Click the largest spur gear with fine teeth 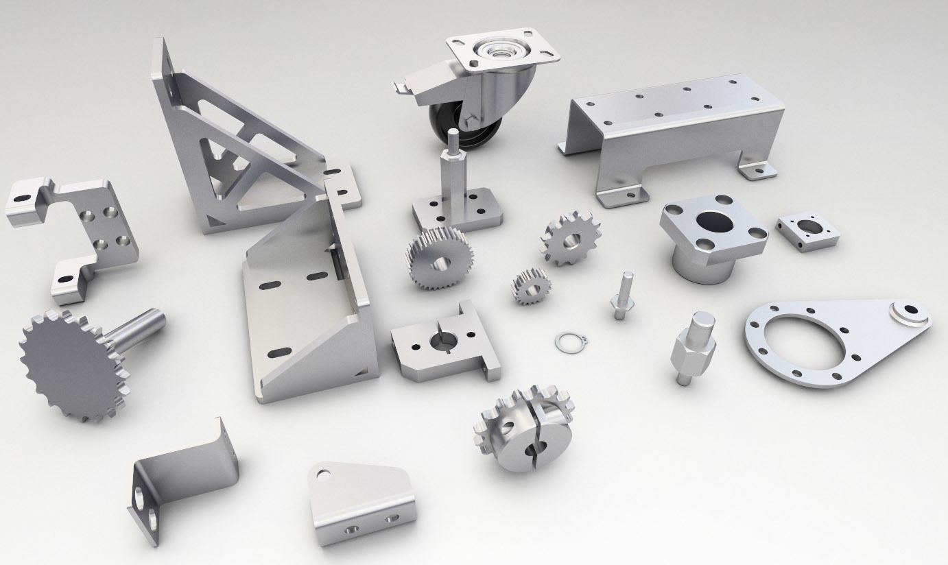pyautogui.click(x=438, y=259)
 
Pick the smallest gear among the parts pyautogui.click(x=531, y=285)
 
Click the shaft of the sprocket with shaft pyautogui.click(x=141, y=328)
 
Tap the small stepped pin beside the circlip pyautogui.click(x=621, y=296)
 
